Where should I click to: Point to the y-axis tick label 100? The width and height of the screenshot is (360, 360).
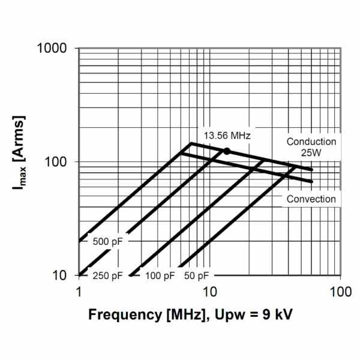point(61,162)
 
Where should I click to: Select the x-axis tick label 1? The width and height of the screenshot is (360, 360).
point(79,291)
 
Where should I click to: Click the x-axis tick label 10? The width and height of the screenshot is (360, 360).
point(209,291)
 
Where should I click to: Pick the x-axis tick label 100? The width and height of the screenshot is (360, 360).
point(340,291)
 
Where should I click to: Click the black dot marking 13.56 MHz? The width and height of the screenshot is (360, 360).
point(227,151)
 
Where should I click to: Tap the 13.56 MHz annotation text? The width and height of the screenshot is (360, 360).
point(226,136)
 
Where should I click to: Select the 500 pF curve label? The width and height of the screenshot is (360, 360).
point(108,242)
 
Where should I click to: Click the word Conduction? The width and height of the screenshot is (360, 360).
point(311,142)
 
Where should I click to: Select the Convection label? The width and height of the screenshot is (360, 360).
point(311,199)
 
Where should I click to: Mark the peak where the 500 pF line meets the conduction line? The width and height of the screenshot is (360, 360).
point(190,143)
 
